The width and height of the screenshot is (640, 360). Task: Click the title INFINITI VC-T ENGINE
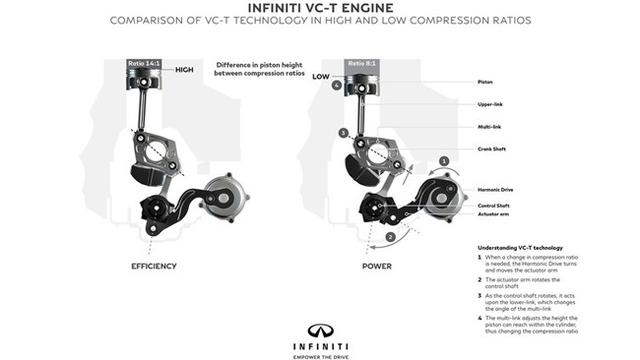pos(319,10)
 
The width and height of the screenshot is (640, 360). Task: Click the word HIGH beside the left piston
pos(184,70)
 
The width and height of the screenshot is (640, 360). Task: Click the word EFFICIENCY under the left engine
pos(154,268)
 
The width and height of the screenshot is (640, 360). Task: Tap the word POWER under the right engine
pos(378,268)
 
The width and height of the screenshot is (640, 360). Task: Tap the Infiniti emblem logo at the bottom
pos(320,330)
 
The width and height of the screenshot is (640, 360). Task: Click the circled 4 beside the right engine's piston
pos(338,86)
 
